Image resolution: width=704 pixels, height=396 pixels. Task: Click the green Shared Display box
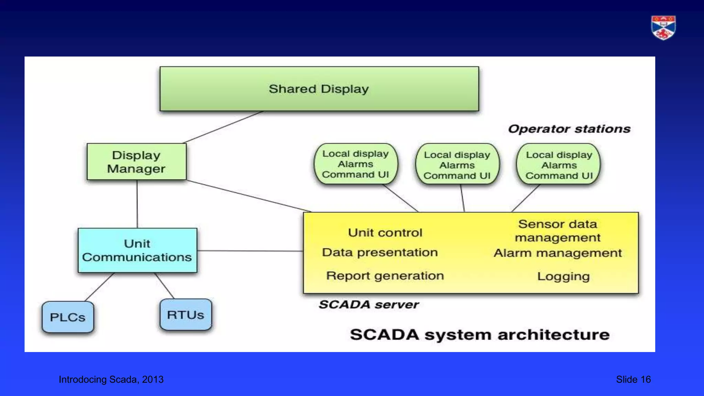(x=319, y=89)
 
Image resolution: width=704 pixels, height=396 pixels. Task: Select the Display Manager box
(x=136, y=162)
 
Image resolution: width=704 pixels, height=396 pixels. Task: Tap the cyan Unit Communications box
(x=137, y=250)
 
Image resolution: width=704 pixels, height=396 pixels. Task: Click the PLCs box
(x=68, y=317)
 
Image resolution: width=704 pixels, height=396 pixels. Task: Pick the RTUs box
(x=186, y=315)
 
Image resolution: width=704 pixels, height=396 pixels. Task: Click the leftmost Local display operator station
(x=355, y=164)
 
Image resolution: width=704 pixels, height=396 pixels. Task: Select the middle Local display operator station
(x=457, y=165)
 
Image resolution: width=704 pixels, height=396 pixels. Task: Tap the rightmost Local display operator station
(x=559, y=165)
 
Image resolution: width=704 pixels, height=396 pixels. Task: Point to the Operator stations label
(x=569, y=129)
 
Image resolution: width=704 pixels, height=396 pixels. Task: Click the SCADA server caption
(x=368, y=305)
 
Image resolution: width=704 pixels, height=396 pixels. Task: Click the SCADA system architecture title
(x=480, y=334)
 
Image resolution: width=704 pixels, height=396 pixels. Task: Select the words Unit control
(x=385, y=233)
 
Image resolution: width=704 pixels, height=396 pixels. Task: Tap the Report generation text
(x=385, y=276)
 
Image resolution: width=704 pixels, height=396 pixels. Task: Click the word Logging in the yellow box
(x=563, y=276)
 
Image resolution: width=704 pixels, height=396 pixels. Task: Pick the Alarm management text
(x=558, y=253)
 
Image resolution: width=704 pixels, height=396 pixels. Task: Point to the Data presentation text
(x=380, y=252)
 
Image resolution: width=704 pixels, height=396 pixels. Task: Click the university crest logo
(x=663, y=27)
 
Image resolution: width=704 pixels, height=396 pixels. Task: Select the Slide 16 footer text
(x=633, y=379)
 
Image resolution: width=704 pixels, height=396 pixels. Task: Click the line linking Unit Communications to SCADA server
(x=250, y=251)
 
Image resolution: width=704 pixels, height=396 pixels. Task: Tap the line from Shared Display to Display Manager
(x=223, y=127)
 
